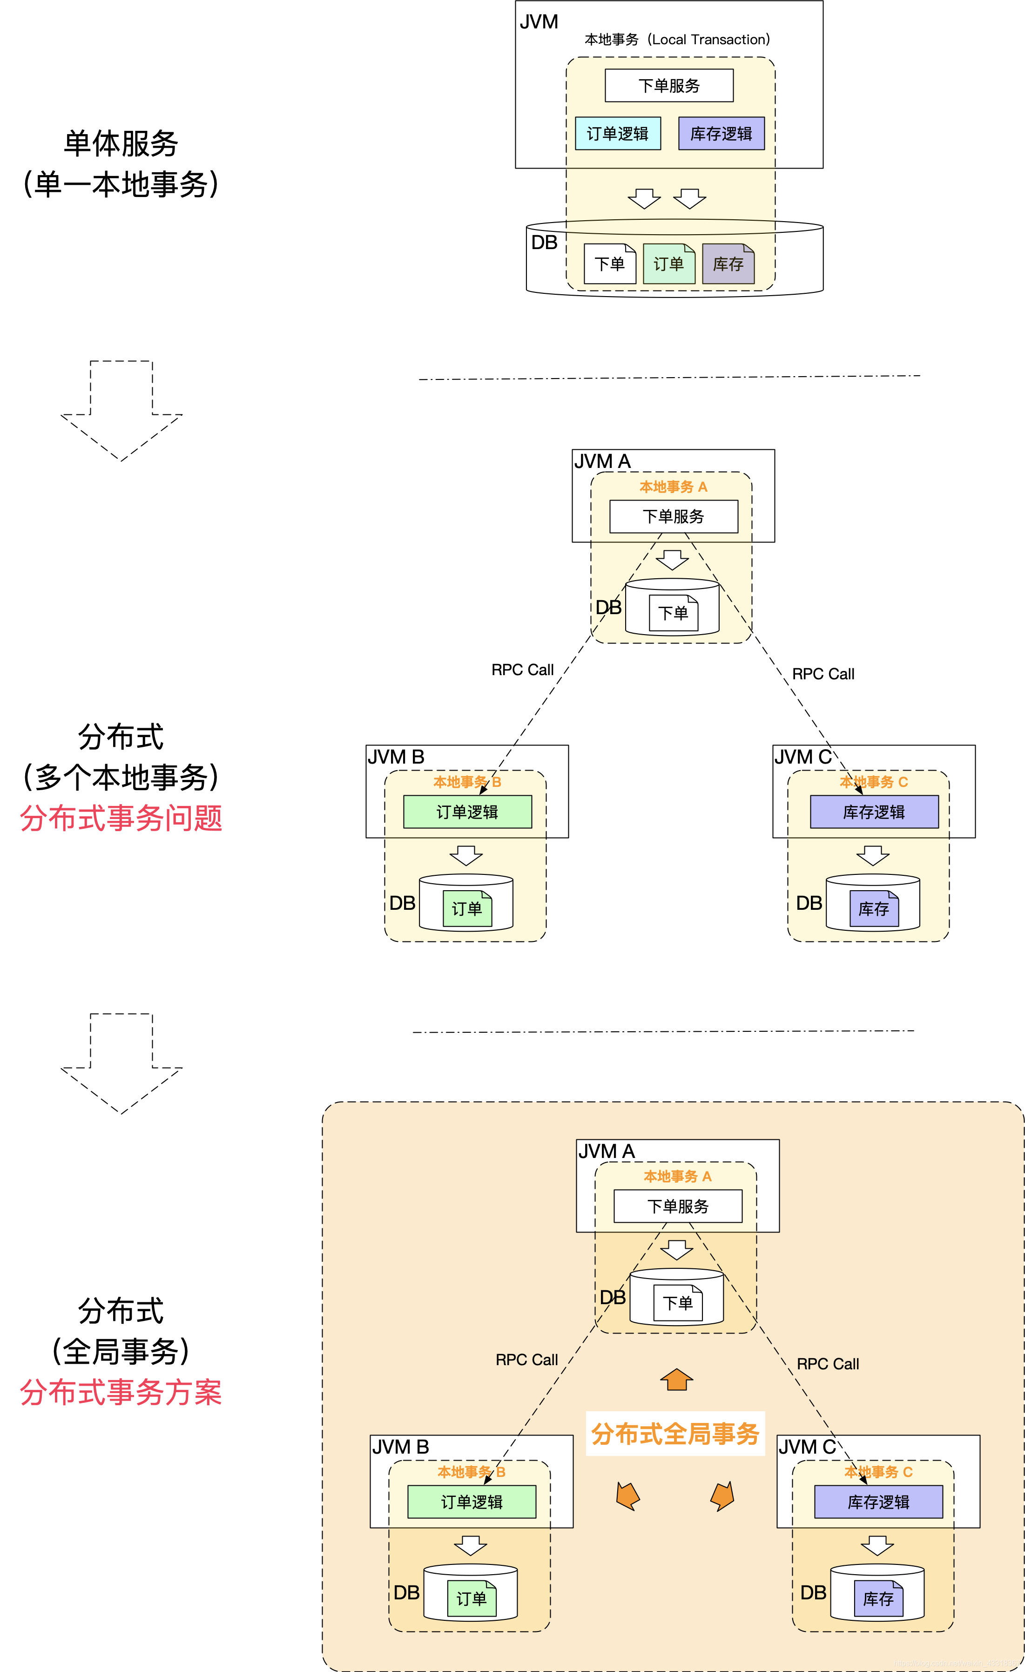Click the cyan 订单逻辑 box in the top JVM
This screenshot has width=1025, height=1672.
[x=617, y=134]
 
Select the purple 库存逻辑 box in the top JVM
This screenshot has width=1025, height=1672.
[x=721, y=134]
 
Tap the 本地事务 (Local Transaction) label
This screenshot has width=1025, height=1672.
[x=677, y=40]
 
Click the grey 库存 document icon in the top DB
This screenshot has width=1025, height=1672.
[x=728, y=264]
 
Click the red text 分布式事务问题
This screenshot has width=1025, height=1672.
[x=121, y=818]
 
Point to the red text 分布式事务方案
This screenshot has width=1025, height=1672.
[x=121, y=1393]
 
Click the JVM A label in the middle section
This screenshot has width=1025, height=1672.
[x=602, y=461]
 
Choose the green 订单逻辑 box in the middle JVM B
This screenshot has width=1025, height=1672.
[x=467, y=812]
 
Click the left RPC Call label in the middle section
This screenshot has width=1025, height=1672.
[x=522, y=670]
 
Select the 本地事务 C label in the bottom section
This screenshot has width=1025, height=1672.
[x=878, y=1472]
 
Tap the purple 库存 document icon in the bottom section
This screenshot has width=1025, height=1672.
[x=878, y=1599]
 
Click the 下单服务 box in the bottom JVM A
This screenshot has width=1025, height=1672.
[x=678, y=1206]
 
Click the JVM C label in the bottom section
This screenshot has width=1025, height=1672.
[x=807, y=1447]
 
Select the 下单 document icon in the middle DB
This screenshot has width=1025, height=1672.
[x=673, y=613]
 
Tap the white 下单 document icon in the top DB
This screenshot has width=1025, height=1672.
[x=609, y=264]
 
